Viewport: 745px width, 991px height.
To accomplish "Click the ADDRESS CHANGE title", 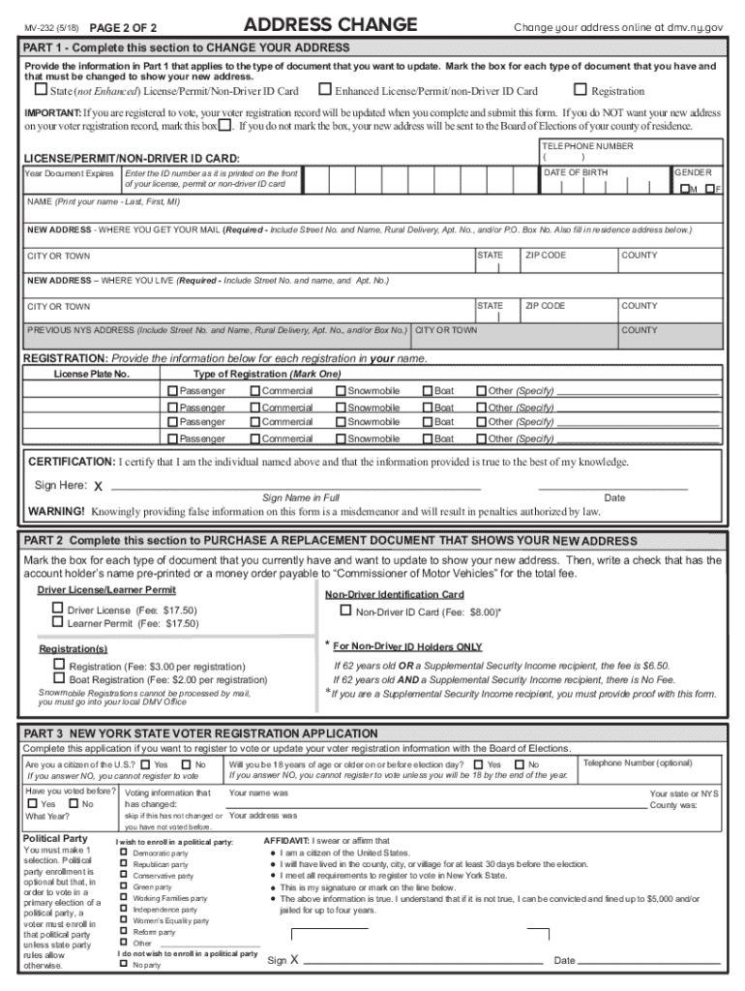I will click(330, 25).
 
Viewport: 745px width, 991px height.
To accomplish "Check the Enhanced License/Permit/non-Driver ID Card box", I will click(325, 91).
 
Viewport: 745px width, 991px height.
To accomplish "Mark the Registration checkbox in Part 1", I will click(581, 91).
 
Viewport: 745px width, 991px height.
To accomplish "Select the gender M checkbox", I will click(685, 190).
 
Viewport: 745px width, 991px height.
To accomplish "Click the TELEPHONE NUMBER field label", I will click(587, 146).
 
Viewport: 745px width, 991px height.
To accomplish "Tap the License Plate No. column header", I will click(92, 374).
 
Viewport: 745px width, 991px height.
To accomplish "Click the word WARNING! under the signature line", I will click(57, 511).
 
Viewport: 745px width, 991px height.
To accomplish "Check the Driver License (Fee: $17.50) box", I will click(57, 609).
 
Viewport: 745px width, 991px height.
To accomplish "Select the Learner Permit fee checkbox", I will click(57, 623).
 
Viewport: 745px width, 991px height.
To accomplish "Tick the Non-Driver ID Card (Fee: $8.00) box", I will click(345, 611).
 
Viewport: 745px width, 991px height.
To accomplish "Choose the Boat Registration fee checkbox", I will click(59, 678).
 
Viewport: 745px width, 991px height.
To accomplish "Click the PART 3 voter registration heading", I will click(200, 734).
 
